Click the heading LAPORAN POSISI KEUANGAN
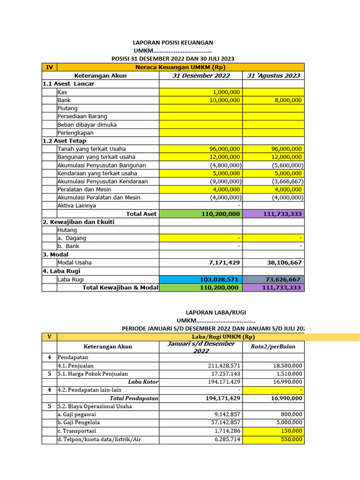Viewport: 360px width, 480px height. (172, 43)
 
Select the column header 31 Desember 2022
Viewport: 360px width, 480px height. (201, 75)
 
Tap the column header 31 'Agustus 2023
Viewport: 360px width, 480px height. (273, 75)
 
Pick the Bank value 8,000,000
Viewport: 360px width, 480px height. (287, 100)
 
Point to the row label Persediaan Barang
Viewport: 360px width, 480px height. (82, 116)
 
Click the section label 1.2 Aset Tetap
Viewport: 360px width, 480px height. (64, 141)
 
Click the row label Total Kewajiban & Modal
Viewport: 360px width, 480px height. (120, 287)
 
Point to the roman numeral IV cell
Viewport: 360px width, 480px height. (49, 67)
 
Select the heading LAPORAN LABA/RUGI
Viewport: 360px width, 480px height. (216, 312)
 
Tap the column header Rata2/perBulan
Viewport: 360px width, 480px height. (273, 347)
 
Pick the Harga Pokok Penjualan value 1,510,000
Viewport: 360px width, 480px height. (287, 374)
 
